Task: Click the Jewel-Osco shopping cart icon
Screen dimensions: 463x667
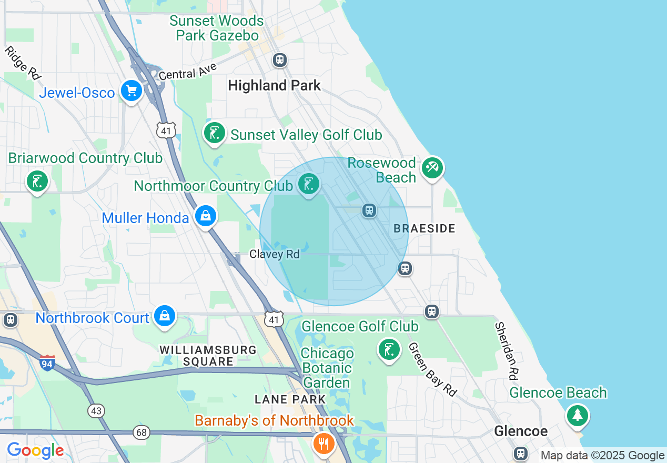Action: pos(132,92)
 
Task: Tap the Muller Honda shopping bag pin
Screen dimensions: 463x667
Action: pos(206,216)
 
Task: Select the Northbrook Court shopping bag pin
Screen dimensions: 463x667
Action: pos(165,316)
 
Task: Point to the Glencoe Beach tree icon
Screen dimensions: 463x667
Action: pos(578,415)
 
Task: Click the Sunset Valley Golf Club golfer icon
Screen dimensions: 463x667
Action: pos(215,133)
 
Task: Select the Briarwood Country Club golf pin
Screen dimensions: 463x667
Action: pos(37,182)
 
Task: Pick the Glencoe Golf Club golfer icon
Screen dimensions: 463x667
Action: pos(389,349)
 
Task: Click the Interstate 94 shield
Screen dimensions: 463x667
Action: pos(47,363)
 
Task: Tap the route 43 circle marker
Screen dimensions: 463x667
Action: pos(97,410)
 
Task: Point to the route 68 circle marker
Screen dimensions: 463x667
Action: pos(142,432)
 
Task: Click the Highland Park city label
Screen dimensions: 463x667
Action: pos(274,85)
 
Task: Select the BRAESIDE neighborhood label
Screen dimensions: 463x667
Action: pos(425,228)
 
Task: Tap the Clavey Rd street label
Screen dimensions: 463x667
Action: pos(274,254)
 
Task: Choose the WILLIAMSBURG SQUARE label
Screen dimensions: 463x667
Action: pos(208,356)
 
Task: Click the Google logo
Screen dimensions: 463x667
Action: pos(35,450)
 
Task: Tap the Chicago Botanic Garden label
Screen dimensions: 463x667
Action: pos(327,368)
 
